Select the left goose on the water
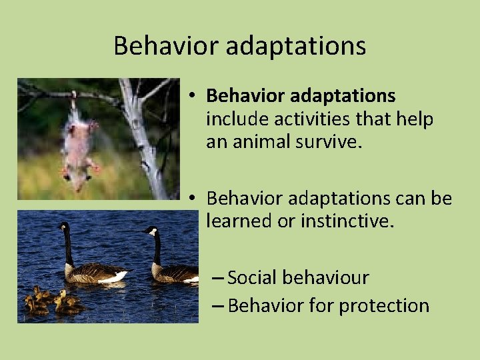click(87, 263)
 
